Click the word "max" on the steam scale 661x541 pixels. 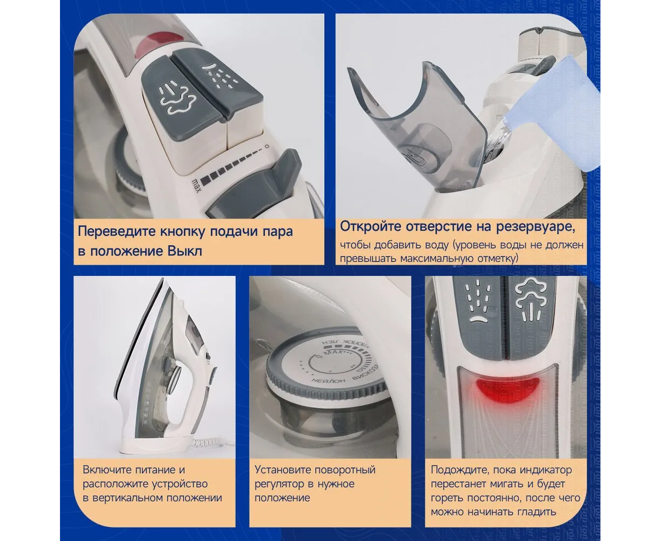(196, 186)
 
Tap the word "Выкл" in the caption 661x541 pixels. (185, 252)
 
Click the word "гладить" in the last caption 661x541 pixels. (537, 512)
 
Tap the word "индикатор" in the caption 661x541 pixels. (546, 470)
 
